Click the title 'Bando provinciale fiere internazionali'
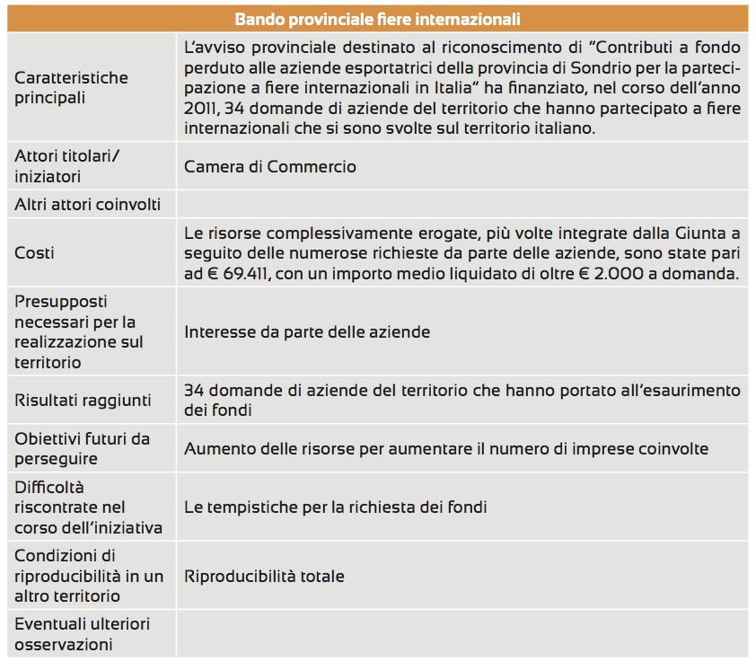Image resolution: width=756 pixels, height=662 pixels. tap(377, 19)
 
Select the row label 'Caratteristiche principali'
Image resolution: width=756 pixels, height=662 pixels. tap(71, 87)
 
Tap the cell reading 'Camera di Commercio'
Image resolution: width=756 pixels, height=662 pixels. tap(269, 166)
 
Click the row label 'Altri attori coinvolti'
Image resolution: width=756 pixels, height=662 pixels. tap(87, 204)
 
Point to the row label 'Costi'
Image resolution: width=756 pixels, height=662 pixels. tap(34, 253)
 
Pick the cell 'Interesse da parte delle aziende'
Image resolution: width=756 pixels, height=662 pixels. tap(307, 332)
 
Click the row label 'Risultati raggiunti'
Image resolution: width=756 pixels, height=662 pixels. tap(83, 400)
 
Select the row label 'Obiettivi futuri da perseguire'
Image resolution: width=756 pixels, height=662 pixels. tap(82, 448)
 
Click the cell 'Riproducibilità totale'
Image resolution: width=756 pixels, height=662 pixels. tap(264, 576)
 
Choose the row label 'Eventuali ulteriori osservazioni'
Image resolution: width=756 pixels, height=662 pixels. tap(82, 634)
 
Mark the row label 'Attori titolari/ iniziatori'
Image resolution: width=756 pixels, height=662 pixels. tap(66, 166)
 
